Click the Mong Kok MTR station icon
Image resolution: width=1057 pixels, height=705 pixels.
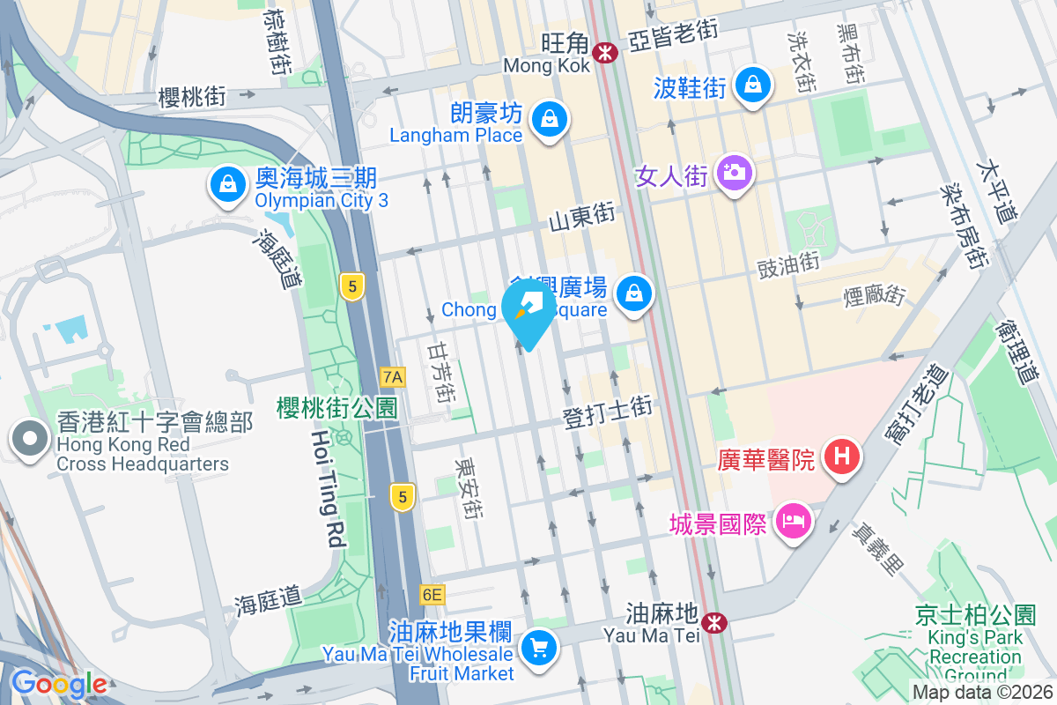pos(605,53)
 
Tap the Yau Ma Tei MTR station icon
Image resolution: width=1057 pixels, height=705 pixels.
pos(714,622)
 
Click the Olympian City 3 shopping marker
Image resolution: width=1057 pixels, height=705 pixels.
pos(228,185)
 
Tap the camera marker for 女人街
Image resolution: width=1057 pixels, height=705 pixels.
pos(732,172)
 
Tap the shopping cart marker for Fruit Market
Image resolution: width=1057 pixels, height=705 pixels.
pos(538,649)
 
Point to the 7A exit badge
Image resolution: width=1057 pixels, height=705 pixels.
pos(393,377)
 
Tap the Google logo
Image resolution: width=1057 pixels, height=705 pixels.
pos(59,684)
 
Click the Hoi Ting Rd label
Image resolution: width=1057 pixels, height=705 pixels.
pos(328,489)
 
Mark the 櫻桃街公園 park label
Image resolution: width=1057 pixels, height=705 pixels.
pos(336,406)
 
